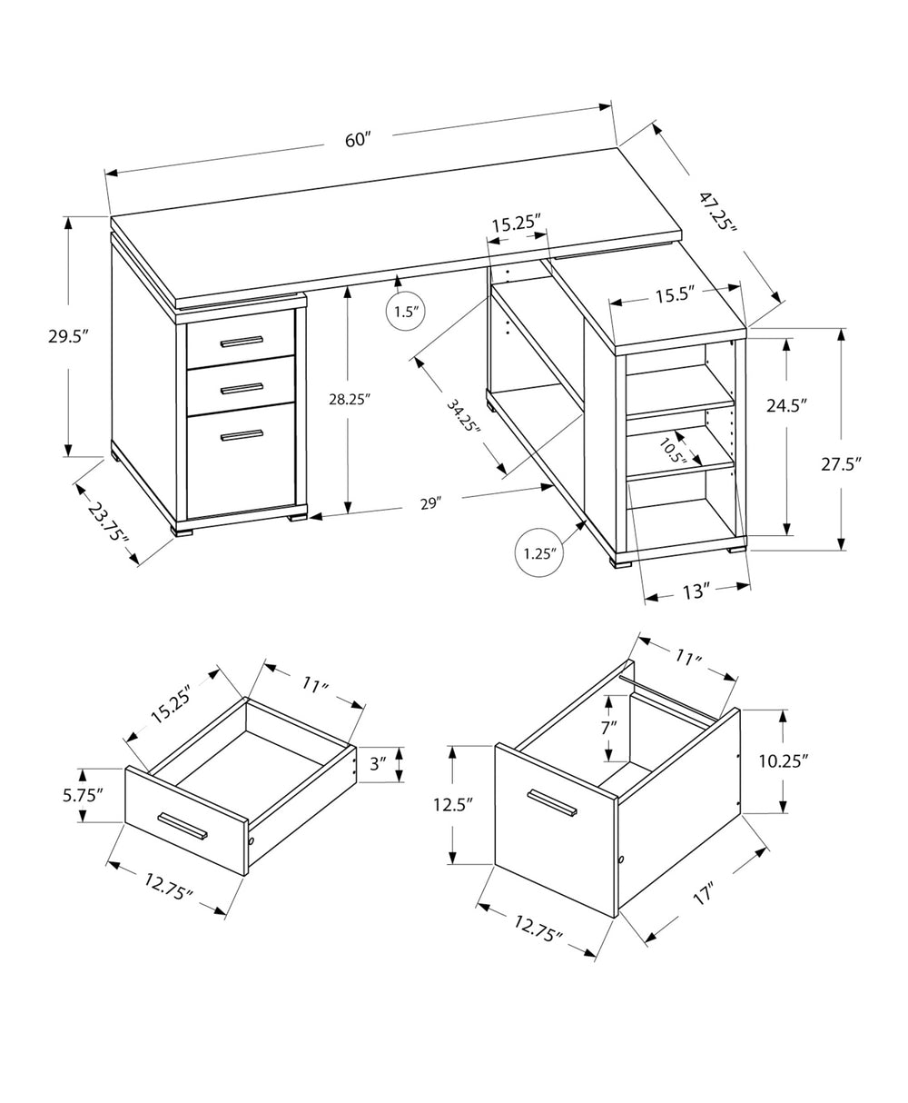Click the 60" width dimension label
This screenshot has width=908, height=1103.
pos(359,139)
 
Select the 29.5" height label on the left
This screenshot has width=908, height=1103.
pos(67,336)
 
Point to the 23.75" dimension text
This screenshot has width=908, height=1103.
pos(108,523)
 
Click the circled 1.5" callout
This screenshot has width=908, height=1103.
pos(405,313)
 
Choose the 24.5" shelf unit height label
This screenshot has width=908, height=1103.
pos(786,405)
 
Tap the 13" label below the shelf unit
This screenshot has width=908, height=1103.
pos(695,591)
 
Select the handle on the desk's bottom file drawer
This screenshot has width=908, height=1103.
pos(242,436)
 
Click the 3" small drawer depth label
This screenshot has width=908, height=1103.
pos(379,764)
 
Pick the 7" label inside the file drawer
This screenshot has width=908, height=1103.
pos(607,727)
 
